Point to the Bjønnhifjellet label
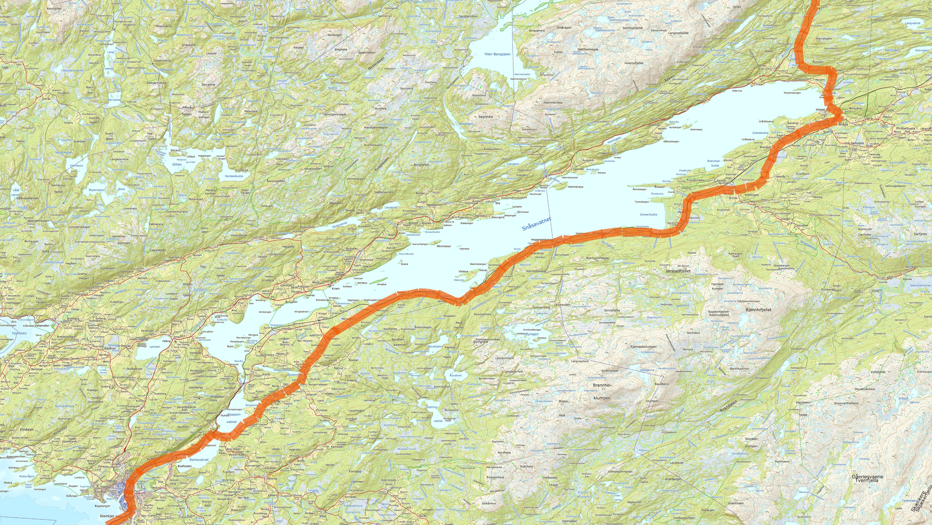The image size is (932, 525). click(x=758, y=310)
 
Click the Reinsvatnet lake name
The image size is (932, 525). click(x=199, y=459)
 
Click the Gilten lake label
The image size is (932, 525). click(x=177, y=164)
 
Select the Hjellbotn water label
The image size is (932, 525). click(x=19, y=333)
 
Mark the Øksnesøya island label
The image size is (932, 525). click(x=444, y=246)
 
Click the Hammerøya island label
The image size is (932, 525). click(x=575, y=187)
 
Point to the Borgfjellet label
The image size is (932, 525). click(x=421, y=165)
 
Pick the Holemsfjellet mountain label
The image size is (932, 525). click(x=634, y=63)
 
